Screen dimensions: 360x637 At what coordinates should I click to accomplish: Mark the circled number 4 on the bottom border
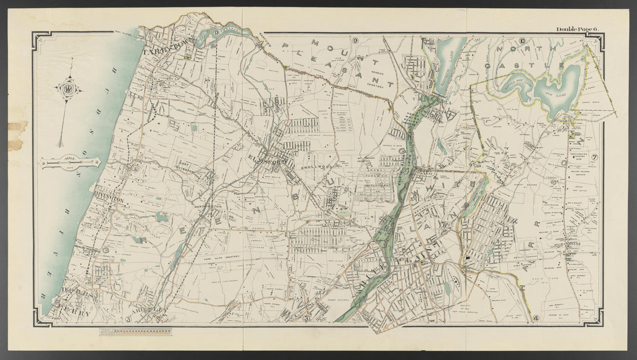click(x=536, y=318)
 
